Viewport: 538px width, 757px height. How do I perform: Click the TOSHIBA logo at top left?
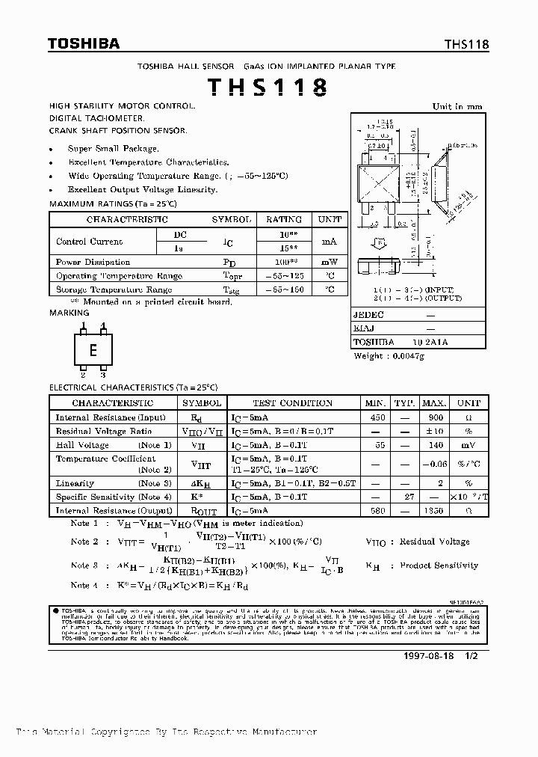pos(84,44)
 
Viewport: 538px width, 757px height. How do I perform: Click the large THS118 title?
pos(267,88)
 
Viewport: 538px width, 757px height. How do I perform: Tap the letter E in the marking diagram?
pos(93,351)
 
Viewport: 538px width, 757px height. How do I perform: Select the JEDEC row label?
pos(368,316)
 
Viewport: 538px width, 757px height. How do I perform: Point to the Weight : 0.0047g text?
pos(389,356)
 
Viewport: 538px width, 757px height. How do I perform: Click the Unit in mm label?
pos(457,107)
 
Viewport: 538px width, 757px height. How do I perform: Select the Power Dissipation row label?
pos(93,262)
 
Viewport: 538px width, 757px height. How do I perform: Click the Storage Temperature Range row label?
pos(114,289)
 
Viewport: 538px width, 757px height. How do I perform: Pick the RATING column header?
pos(284,219)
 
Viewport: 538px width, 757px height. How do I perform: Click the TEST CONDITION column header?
pos(292,403)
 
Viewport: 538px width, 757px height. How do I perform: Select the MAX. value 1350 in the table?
pos(436,510)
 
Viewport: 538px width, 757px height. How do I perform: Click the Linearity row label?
pos(75,483)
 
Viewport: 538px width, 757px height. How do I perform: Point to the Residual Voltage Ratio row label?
pos(103,432)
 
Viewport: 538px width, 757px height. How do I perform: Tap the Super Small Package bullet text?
pos(113,149)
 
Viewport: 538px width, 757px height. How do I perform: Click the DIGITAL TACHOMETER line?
pos(97,118)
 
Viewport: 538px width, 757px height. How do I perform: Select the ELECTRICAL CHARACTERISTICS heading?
pos(133,387)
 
